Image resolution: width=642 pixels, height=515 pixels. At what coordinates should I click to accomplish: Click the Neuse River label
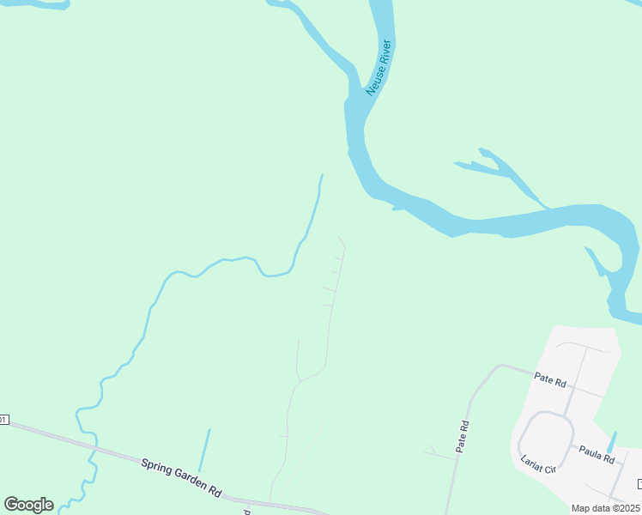tap(379, 68)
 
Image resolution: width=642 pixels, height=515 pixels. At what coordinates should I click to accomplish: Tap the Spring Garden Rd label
tap(182, 477)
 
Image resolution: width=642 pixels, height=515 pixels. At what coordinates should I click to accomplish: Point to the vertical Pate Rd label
tap(463, 436)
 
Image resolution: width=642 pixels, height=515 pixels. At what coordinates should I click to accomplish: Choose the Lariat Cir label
tap(538, 463)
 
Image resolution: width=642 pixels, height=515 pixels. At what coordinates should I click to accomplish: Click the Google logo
tap(28, 505)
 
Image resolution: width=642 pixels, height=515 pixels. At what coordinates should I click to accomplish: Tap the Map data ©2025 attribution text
tap(605, 508)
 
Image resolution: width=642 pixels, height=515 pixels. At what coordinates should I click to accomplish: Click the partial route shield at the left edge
tap(3, 420)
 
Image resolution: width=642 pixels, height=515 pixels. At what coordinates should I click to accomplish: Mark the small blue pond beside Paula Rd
tap(610, 443)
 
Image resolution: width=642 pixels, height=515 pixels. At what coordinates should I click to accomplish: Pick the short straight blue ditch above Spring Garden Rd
tap(204, 450)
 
